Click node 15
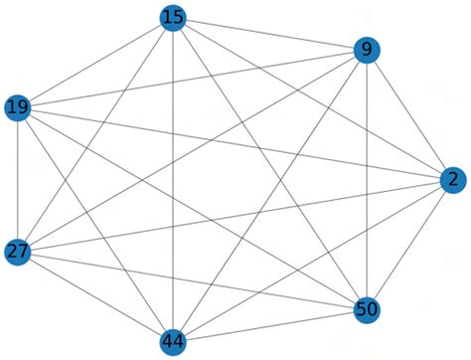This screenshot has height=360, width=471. point(173,17)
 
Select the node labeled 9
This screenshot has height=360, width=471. point(367,51)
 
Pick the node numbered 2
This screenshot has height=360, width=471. point(452,180)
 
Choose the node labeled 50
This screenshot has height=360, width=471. point(367,309)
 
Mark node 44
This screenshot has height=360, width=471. point(173,342)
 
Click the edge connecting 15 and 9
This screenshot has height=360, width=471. point(269,34)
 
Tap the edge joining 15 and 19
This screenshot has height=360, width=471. point(95,62)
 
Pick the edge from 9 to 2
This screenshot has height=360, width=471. point(409,115)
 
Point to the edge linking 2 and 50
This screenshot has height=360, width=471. point(409,245)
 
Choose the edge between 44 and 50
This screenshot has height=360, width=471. point(269,326)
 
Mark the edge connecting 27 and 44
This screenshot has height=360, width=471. point(95,296)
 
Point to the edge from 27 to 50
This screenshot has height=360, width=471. point(192,279)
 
